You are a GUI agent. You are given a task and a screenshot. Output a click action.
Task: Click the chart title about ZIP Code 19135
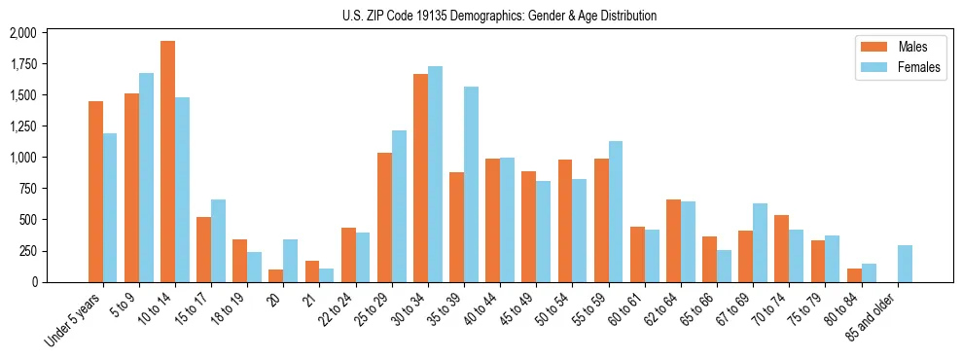[499, 16]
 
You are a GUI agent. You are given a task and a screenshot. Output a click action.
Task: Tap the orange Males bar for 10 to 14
[167, 162]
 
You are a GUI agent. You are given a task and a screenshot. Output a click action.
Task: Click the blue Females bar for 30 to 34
[435, 174]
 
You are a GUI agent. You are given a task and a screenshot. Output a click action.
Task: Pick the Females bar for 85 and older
[905, 264]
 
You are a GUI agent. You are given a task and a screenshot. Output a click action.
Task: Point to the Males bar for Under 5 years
[95, 192]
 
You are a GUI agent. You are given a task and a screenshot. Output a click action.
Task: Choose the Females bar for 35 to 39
[471, 185]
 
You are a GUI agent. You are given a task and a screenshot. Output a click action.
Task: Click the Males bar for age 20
[275, 275]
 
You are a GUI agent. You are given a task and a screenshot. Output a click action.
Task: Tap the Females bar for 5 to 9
[146, 177]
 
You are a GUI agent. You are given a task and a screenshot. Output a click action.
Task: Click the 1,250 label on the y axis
[21, 126]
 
